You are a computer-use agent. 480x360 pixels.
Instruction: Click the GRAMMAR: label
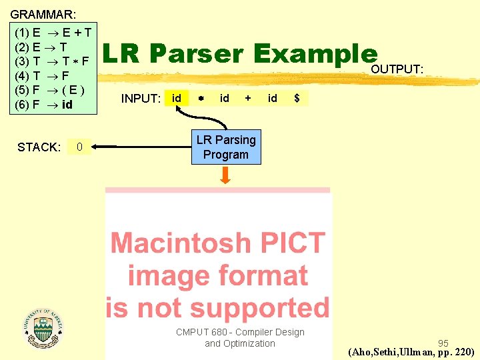coord(43,13)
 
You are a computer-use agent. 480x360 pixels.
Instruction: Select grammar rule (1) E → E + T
coord(53,32)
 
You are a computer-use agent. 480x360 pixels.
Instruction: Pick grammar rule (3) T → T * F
coord(52,61)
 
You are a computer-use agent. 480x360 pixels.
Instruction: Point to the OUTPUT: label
coord(397,69)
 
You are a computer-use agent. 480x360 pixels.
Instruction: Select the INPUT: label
coord(141,99)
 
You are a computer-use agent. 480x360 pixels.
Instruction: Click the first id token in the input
coord(177,98)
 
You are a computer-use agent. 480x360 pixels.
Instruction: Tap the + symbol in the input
coord(248,98)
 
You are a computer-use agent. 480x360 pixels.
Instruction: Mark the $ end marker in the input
coord(297,99)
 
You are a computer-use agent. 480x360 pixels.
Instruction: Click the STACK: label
coord(39,147)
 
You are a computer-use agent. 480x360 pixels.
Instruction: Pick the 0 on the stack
coord(80,147)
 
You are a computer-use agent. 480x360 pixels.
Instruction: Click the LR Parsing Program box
coord(226,147)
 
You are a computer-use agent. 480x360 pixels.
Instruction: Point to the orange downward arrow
coord(226,175)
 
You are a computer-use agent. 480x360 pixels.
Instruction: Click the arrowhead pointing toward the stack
coord(96,147)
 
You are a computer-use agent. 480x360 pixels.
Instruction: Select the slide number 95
coord(443,343)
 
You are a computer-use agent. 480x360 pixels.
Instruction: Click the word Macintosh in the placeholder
coord(217,243)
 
